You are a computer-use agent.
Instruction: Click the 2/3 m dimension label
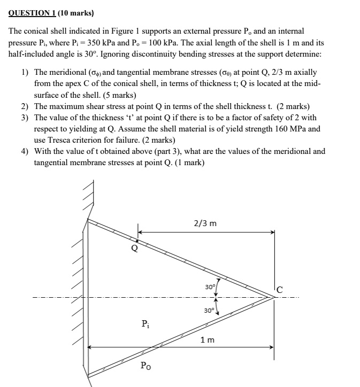pos(205,223)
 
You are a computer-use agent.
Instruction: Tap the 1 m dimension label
pos(208,339)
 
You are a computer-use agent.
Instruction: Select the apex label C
pos(280,290)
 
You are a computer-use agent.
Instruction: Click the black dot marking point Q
pos(137,241)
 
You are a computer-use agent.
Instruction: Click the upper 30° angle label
pos(210,287)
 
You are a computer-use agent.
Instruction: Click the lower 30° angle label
pos(209,310)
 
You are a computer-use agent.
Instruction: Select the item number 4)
pos(25,151)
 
